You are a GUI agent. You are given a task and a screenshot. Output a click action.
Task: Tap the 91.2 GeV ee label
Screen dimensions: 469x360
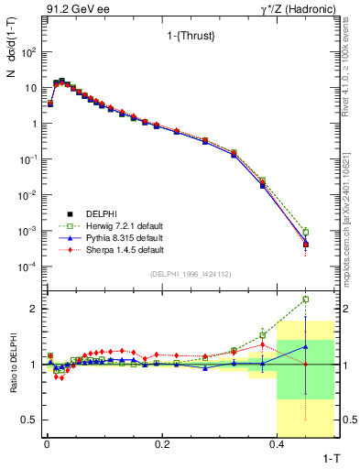tap(70, 10)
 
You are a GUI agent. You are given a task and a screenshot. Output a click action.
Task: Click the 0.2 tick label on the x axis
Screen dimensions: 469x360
tap(161, 443)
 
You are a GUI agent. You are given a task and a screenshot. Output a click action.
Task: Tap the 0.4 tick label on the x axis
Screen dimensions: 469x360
tap(277, 443)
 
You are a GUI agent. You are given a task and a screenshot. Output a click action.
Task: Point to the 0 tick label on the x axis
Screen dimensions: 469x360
tap(46, 443)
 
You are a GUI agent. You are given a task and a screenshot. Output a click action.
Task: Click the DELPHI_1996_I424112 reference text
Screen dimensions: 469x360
tap(189, 274)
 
